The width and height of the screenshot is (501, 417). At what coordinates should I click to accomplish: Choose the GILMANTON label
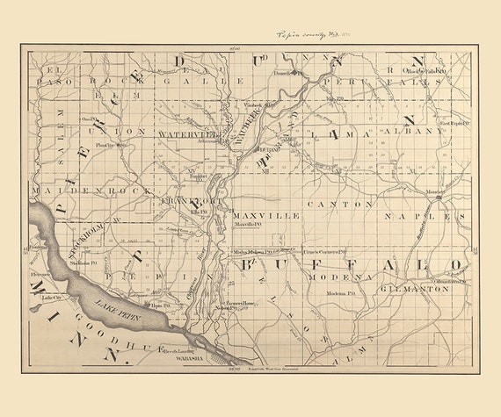[x=416, y=288]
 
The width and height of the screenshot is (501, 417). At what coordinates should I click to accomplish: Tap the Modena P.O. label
[x=339, y=292]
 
